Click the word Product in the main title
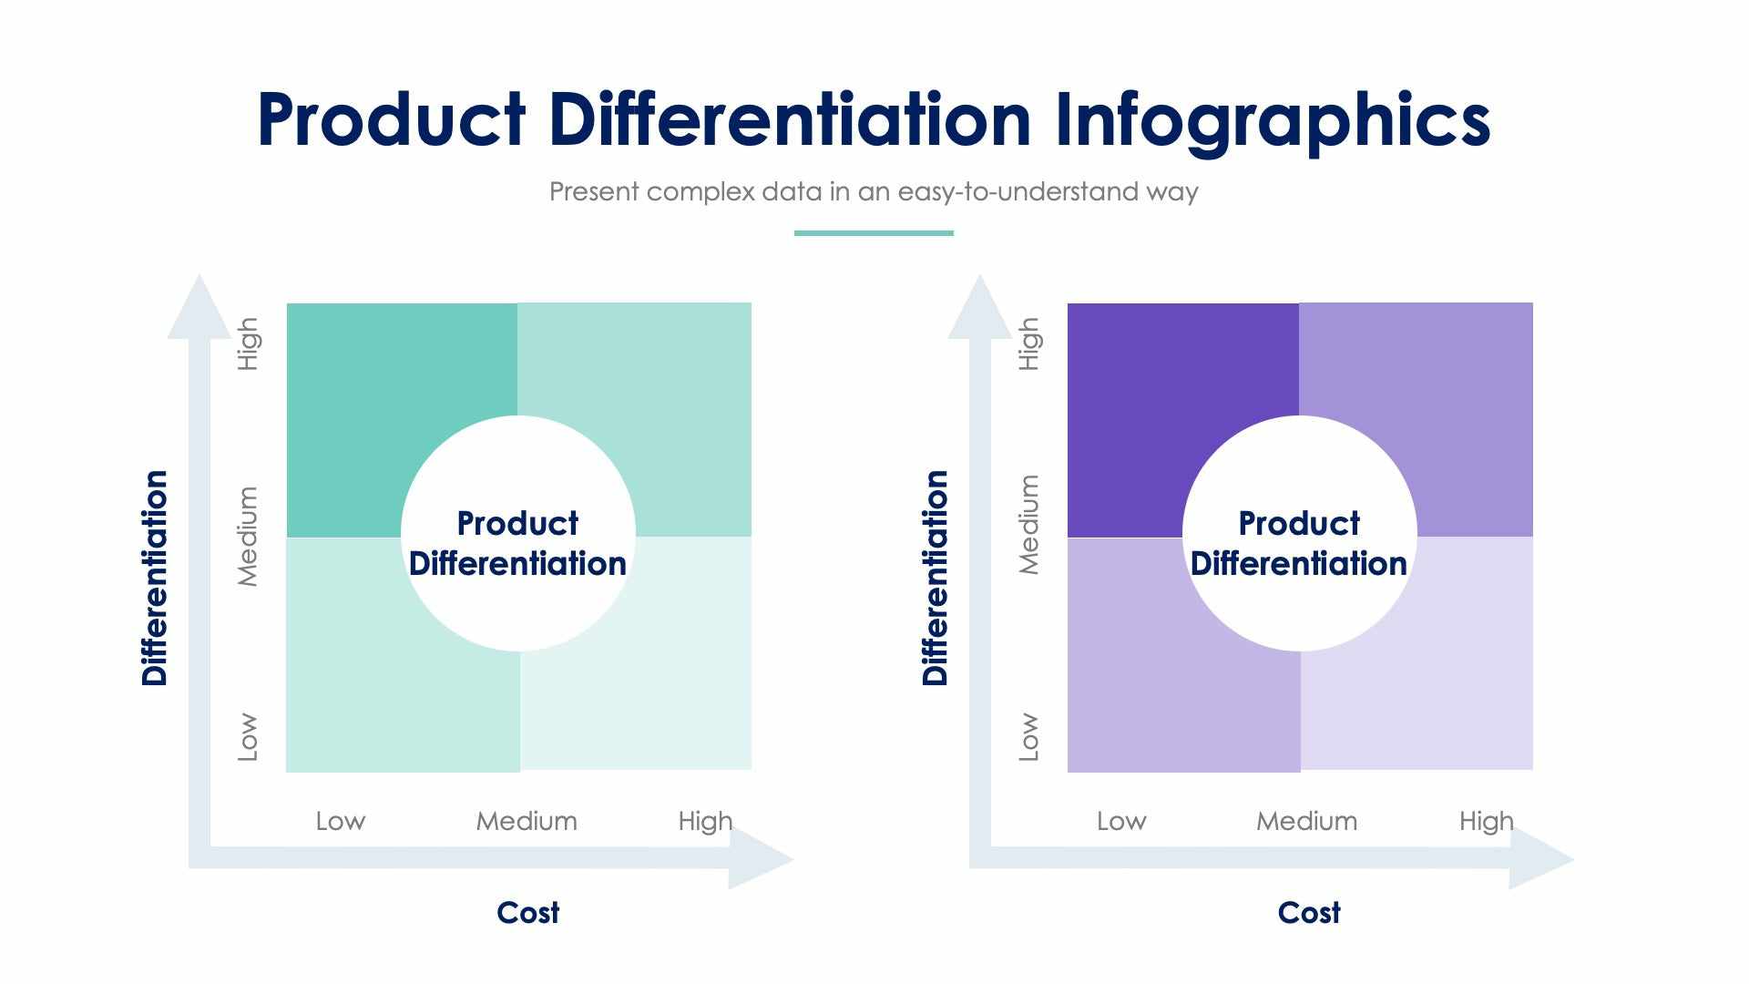[x=392, y=121]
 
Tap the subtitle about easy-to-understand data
[x=873, y=192]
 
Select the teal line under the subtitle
[x=873, y=233]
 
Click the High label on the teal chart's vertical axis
[x=248, y=343]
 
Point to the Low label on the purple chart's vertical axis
[x=1028, y=736]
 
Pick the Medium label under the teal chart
[x=526, y=821]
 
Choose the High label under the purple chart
[x=1485, y=821]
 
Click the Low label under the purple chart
[x=1120, y=821]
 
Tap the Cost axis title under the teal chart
[x=527, y=912]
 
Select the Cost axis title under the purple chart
[x=1308, y=912]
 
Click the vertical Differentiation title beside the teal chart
[x=155, y=578]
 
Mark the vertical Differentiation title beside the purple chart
[x=936, y=578]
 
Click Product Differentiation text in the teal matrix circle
[x=517, y=544]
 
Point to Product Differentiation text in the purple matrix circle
[x=1298, y=544]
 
